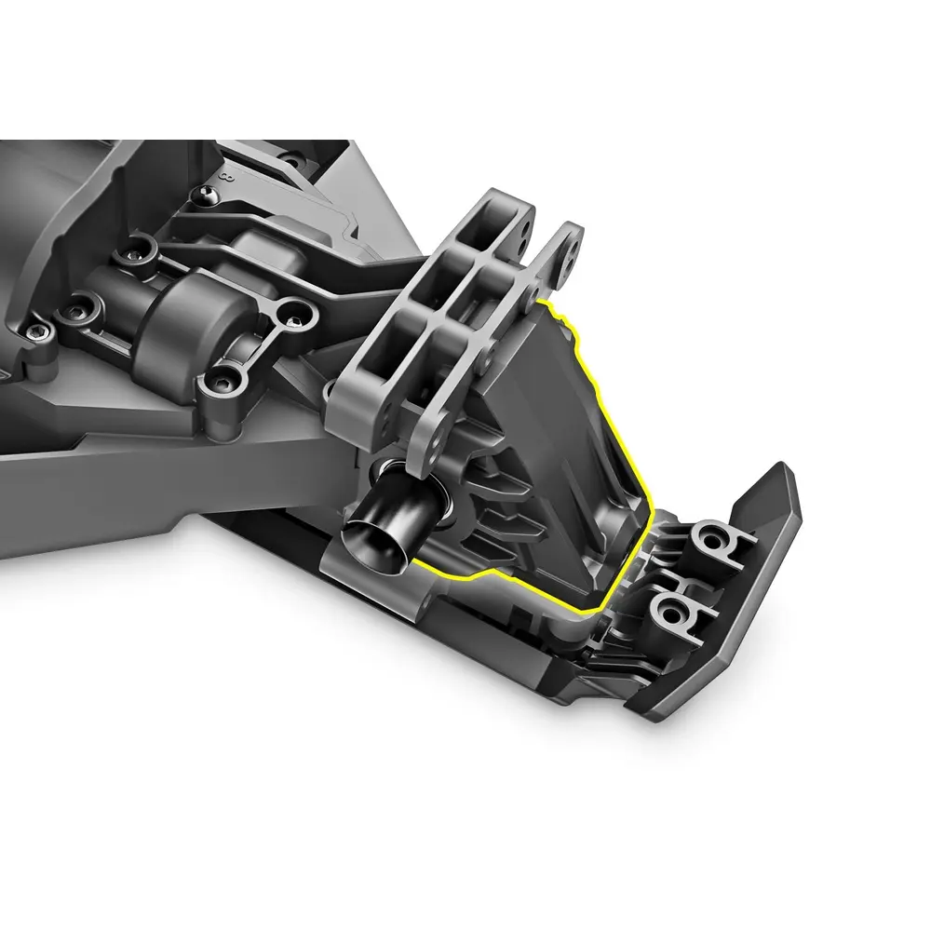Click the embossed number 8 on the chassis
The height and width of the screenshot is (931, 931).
(x=225, y=175)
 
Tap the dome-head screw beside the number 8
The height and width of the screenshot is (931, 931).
(x=206, y=196)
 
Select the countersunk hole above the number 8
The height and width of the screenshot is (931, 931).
(x=236, y=149)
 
